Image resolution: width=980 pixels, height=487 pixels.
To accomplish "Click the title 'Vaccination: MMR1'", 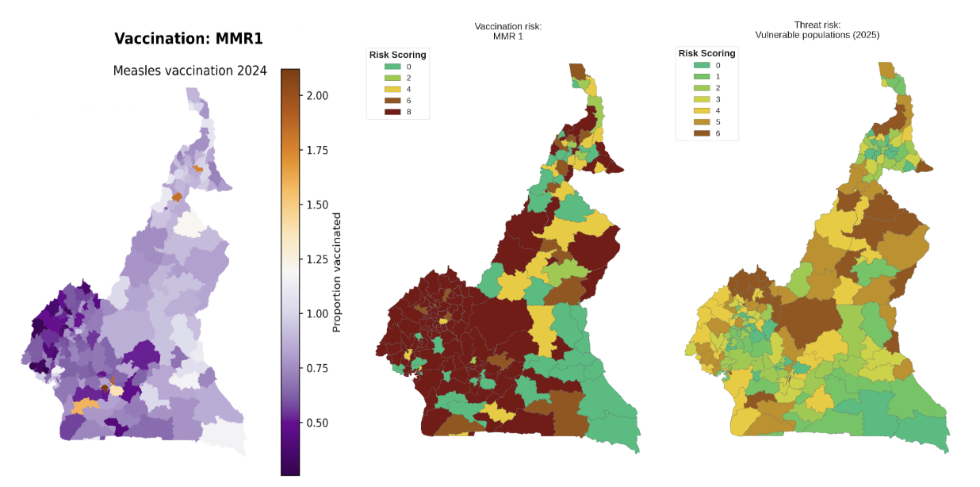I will coord(188,39).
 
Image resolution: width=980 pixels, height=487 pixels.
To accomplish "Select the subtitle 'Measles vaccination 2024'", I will coord(189,71).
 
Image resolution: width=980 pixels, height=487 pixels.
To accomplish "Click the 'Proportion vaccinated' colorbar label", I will coord(336,271).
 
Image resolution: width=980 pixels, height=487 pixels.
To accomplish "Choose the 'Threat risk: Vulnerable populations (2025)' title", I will coord(817,30).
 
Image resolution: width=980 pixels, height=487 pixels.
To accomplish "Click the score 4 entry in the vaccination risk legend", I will coord(396,90).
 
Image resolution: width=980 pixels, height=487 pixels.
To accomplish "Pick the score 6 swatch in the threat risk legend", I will coord(700,133).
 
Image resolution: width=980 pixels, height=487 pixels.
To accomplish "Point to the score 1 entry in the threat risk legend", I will coord(706,76).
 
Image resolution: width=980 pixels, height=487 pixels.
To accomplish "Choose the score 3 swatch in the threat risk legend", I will coord(700,99).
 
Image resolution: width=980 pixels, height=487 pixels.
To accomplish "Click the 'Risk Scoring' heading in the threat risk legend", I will coord(706,53).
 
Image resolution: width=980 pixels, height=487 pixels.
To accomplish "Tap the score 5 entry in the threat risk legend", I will coord(706,122).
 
